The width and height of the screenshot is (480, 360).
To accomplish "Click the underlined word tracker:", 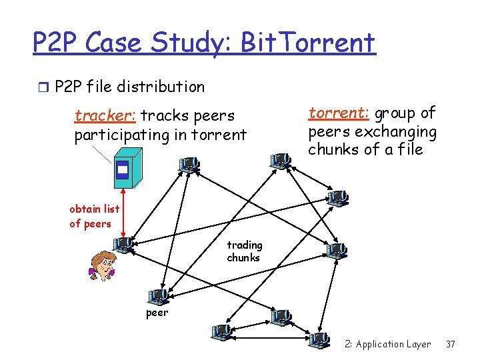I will (x=105, y=116).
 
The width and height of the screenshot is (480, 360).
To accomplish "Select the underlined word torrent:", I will (x=333, y=113).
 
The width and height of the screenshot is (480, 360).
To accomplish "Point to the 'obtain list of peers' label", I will (x=94, y=216).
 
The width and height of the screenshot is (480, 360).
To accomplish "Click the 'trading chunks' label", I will (x=244, y=251).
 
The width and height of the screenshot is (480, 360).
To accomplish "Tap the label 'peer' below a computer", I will (x=157, y=313).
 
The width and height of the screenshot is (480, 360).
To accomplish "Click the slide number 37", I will (x=451, y=344).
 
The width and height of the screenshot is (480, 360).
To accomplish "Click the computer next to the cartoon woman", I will (x=125, y=246).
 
